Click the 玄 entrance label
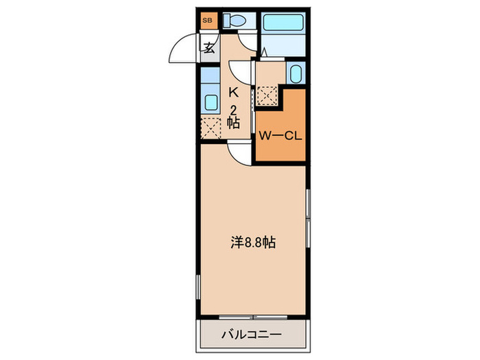[208, 47]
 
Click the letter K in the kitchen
[233, 92]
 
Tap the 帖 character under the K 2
[233, 123]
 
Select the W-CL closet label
[280, 135]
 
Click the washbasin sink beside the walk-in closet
[295, 73]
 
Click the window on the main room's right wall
[308, 219]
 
